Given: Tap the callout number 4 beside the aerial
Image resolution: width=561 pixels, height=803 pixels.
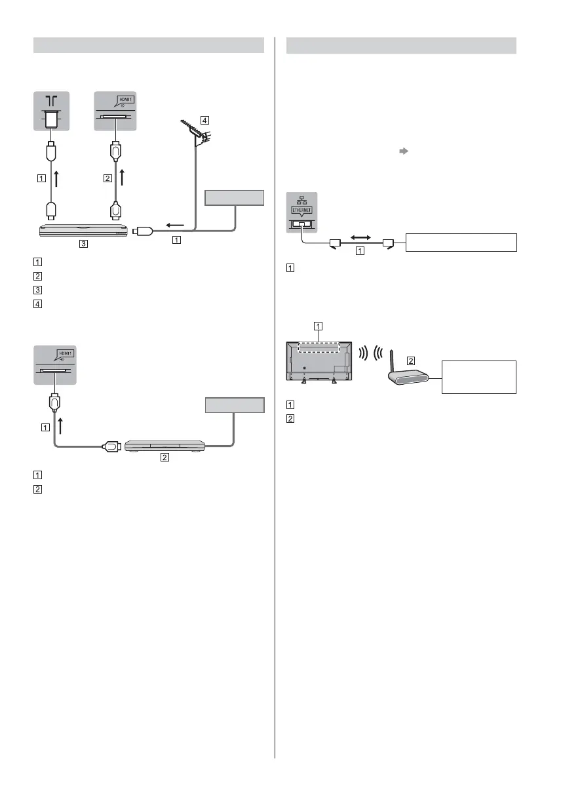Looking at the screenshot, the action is click(x=205, y=121).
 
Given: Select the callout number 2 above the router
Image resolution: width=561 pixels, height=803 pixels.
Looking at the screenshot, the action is click(x=410, y=359).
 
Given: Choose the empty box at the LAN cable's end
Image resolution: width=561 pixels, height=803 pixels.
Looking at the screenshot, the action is click(x=460, y=241).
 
